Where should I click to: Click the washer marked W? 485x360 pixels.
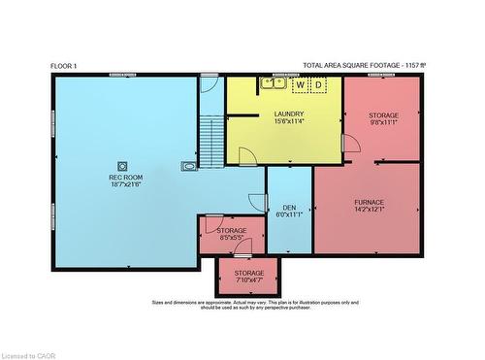(x=300, y=85)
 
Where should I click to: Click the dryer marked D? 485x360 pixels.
(x=317, y=85)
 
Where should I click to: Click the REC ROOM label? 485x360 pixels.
(x=123, y=178)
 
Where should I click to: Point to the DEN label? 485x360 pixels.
(x=289, y=208)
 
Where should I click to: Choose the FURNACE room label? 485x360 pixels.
(x=369, y=202)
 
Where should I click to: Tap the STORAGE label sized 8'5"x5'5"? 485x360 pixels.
(x=231, y=230)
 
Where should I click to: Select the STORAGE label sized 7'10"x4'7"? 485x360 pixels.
(x=249, y=273)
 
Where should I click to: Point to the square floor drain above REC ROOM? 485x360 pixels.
(x=123, y=164)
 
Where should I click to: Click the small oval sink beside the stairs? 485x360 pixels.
(x=188, y=167)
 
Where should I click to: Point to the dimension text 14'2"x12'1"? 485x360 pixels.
(x=369, y=209)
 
